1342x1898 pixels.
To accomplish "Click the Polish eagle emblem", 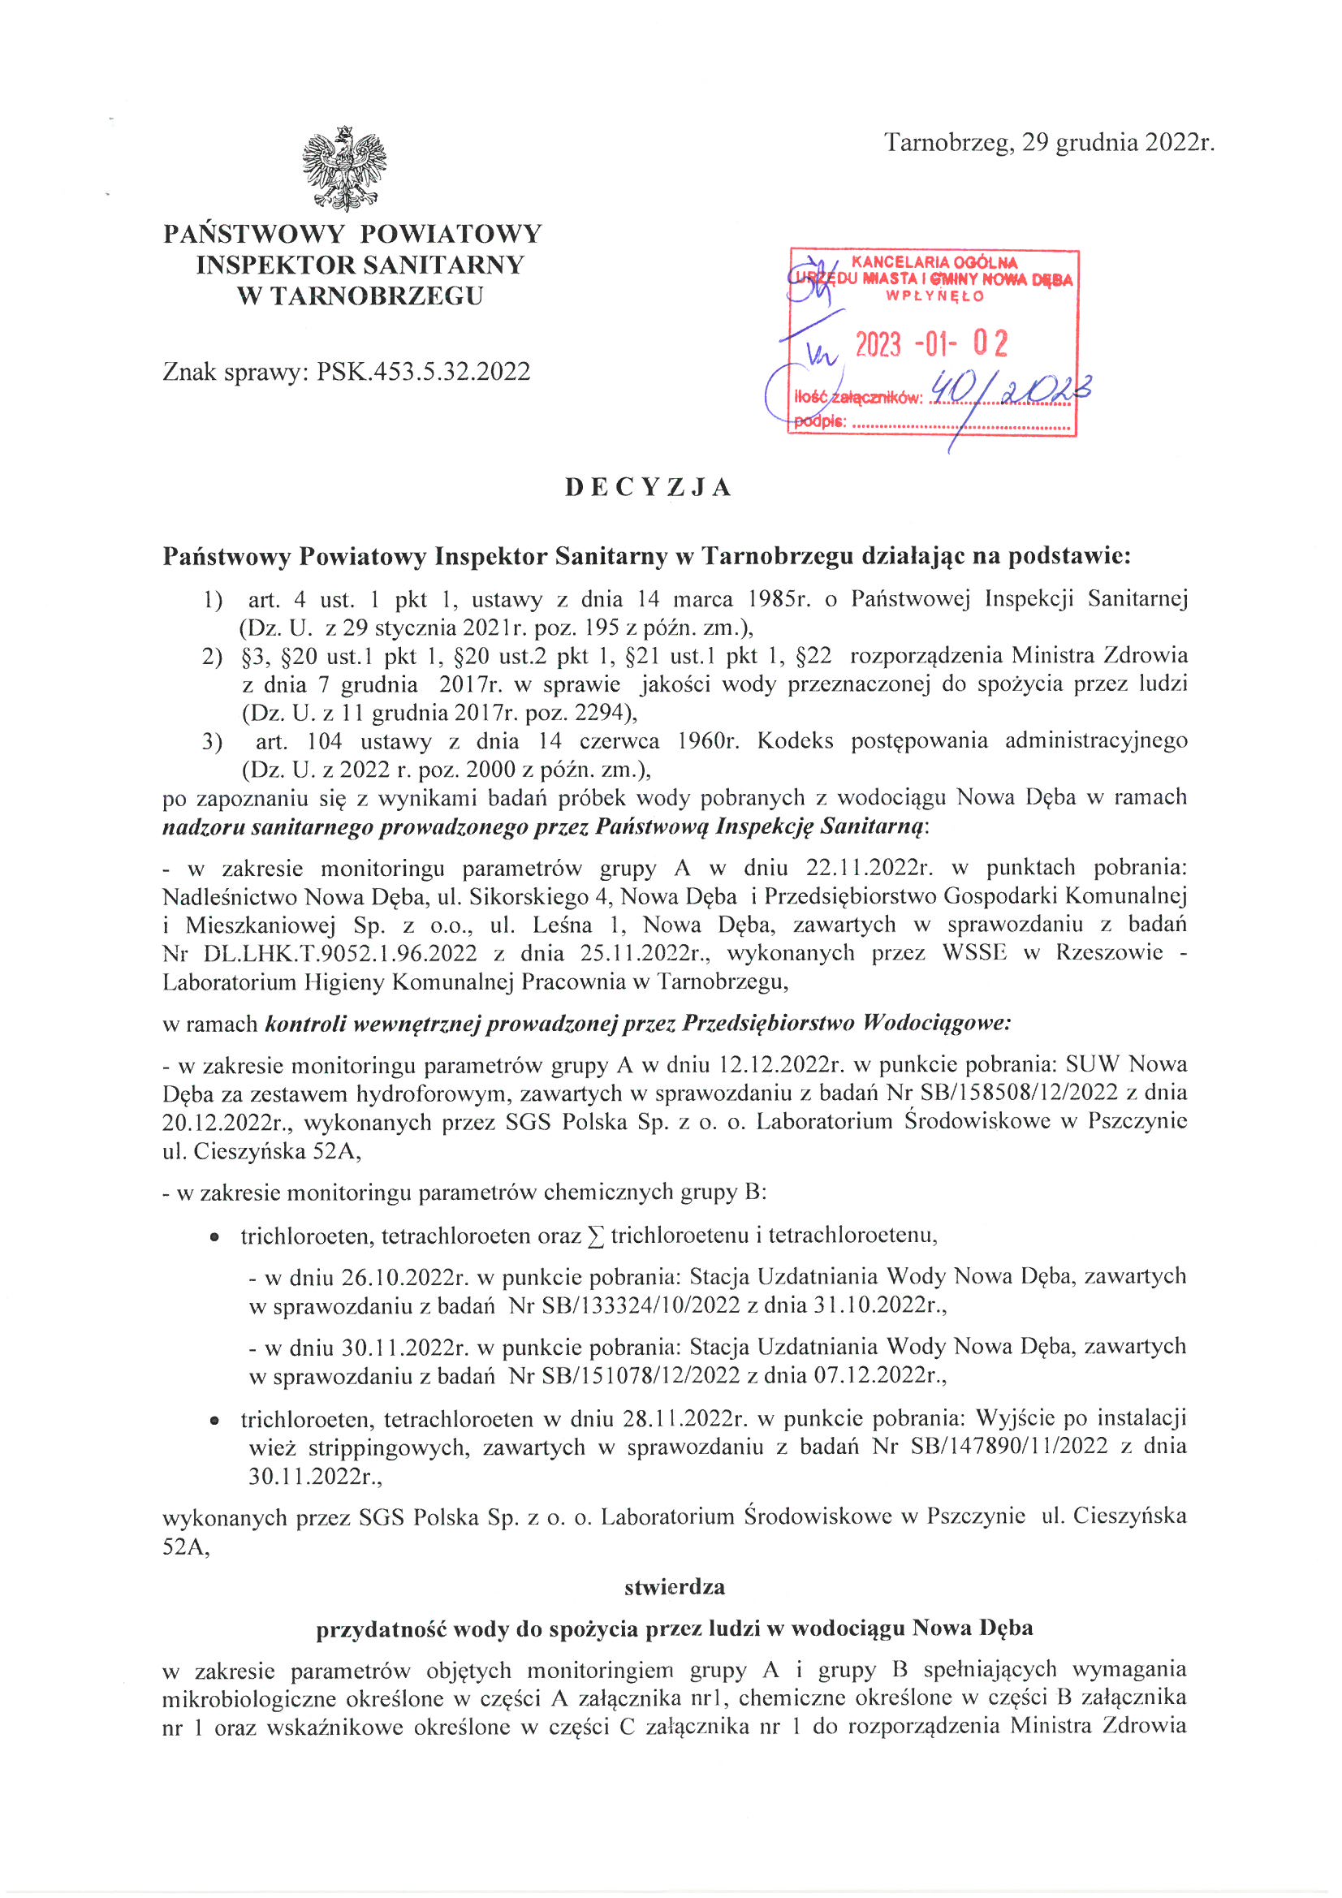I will pos(344,168).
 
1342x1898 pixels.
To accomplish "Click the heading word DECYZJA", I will pos(649,488).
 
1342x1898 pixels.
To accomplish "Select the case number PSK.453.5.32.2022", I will pos(423,371).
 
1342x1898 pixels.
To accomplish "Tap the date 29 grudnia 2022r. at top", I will pos(1118,143).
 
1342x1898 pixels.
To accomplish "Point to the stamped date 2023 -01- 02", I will pos(931,343).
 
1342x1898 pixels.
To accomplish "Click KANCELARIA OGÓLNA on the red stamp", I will pos(934,262).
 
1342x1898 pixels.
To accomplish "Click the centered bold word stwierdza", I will pos(675,1586).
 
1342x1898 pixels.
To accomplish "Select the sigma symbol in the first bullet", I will pos(594,1236).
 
